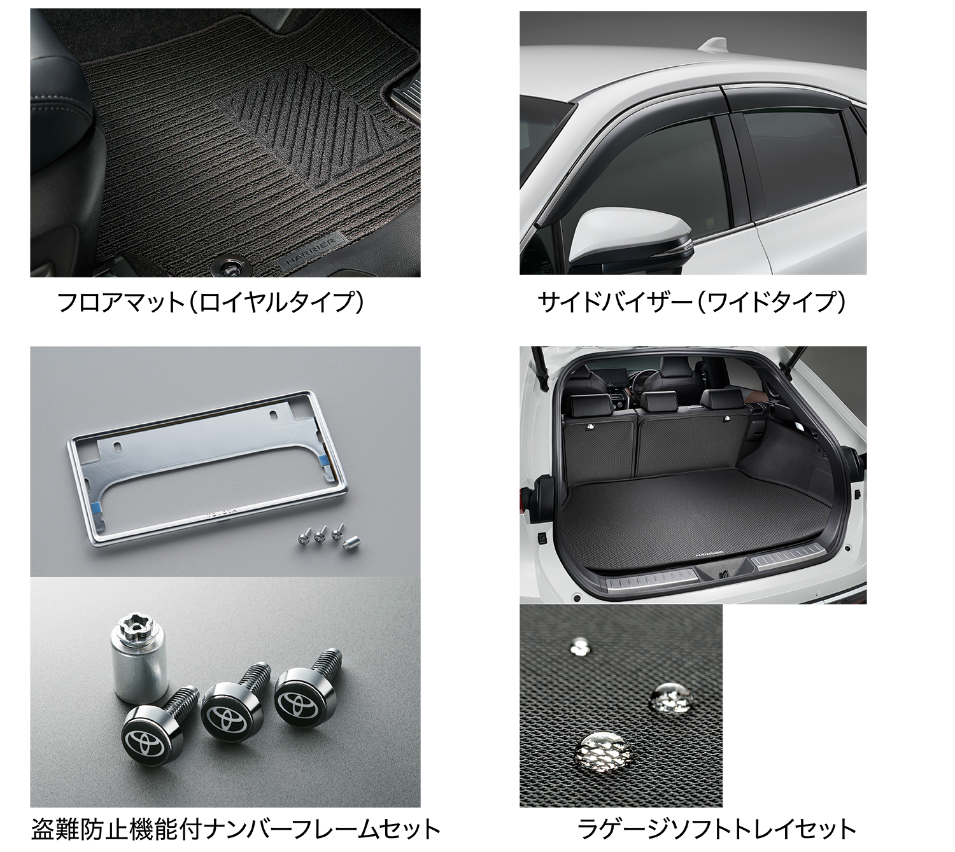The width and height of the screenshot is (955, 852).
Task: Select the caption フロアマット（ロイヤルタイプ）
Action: (210, 302)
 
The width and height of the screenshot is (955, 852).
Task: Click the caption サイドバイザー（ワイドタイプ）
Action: (691, 302)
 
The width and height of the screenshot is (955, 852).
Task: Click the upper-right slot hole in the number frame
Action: (274, 415)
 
